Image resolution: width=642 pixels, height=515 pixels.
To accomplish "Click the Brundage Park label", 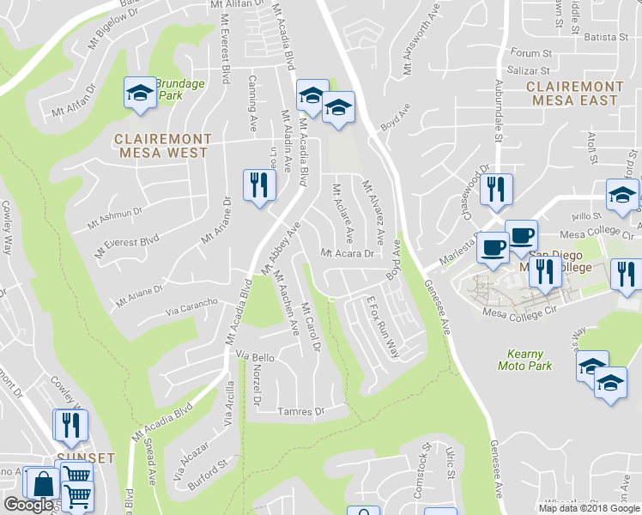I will pos(180,90).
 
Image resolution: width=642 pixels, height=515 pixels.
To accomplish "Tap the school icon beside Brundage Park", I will pos(138,93).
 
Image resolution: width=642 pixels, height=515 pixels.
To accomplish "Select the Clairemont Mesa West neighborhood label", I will pos(163,145).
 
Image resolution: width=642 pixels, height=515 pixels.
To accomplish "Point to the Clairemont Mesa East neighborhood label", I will pos(574,94).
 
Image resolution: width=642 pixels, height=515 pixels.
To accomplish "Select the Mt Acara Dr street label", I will pos(348,254).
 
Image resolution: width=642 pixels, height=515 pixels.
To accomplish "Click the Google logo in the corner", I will pos(29,505).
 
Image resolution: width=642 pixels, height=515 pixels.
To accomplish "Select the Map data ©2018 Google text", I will pos(589,508).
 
